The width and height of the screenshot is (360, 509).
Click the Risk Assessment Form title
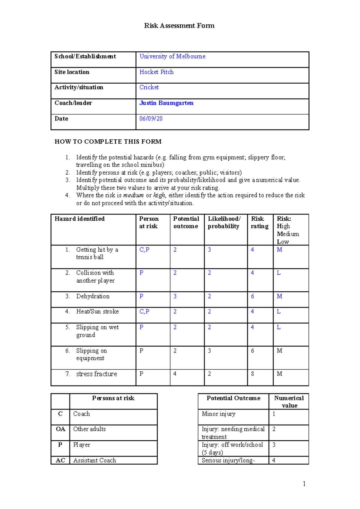pyautogui.click(x=179, y=26)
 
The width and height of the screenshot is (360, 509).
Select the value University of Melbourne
pyautogui.click(x=172, y=56)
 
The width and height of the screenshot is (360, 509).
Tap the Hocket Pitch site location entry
pyautogui.click(x=156, y=72)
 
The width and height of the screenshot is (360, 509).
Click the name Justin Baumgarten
pyautogui.click(x=166, y=103)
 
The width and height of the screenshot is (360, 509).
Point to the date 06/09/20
pyautogui.click(x=151, y=119)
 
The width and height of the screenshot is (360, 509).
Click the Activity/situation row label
pyautogui.click(x=79, y=88)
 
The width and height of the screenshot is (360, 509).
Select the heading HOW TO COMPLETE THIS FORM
pyautogui.click(x=108, y=141)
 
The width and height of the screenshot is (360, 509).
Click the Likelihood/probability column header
pyautogui.click(x=224, y=222)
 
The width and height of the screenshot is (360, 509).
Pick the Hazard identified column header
pyautogui.click(x=79, y=219)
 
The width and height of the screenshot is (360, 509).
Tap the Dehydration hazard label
pyautogui.click(x=93, y=296)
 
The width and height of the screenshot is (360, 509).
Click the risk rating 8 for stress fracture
pyautogui.click(x=252, y=374)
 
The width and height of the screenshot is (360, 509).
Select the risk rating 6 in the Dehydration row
pyautogui.click(x=252, y=296)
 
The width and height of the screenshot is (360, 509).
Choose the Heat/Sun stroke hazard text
pyautogui.click(x=97, y=312)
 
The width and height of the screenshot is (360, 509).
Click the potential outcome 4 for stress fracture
pyautogui.click(x=175, y=374)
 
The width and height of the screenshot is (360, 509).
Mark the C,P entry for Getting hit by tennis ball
pyautogui.click(x=144, y=250)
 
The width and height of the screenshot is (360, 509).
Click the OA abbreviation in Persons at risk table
pyautogui.click(x=60, y=429)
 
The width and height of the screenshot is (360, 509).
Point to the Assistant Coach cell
pyautogui.click(x=94, y=460)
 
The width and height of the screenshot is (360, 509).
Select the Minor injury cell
pyautogui.click(x=218, y=414)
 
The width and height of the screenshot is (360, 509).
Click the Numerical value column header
pyautogui.click(x=289, y=402)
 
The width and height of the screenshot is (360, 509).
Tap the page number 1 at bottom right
pyautogui.click(x=304, y=484)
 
